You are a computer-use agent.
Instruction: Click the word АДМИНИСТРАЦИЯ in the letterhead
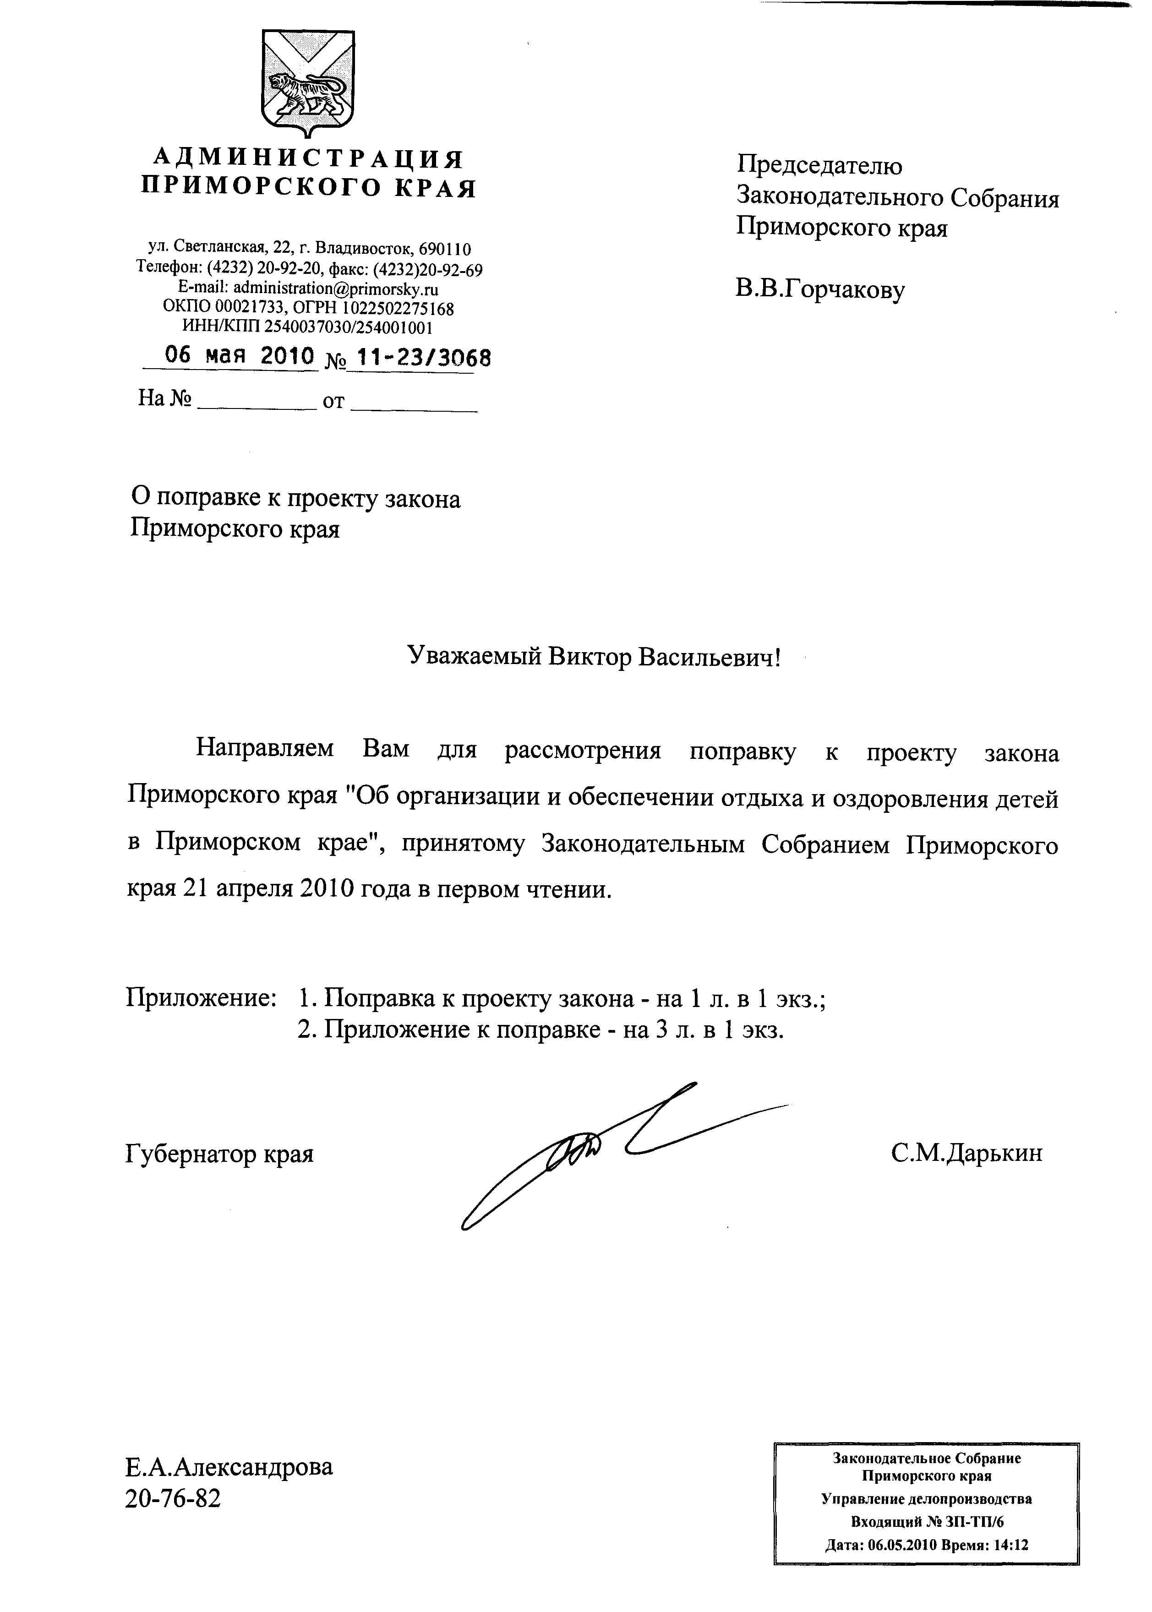(x=309, y=158)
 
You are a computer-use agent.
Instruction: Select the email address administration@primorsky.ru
(x=336, y=289)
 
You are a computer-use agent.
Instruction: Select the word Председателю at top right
(x=819, y=166)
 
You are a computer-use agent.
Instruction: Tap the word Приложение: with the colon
(x=201, y=998)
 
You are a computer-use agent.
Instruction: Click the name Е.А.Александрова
(x=229, y=1467)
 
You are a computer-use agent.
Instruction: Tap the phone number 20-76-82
(x=173, y=1498)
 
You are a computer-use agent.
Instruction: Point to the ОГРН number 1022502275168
(x=399, y=309)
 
